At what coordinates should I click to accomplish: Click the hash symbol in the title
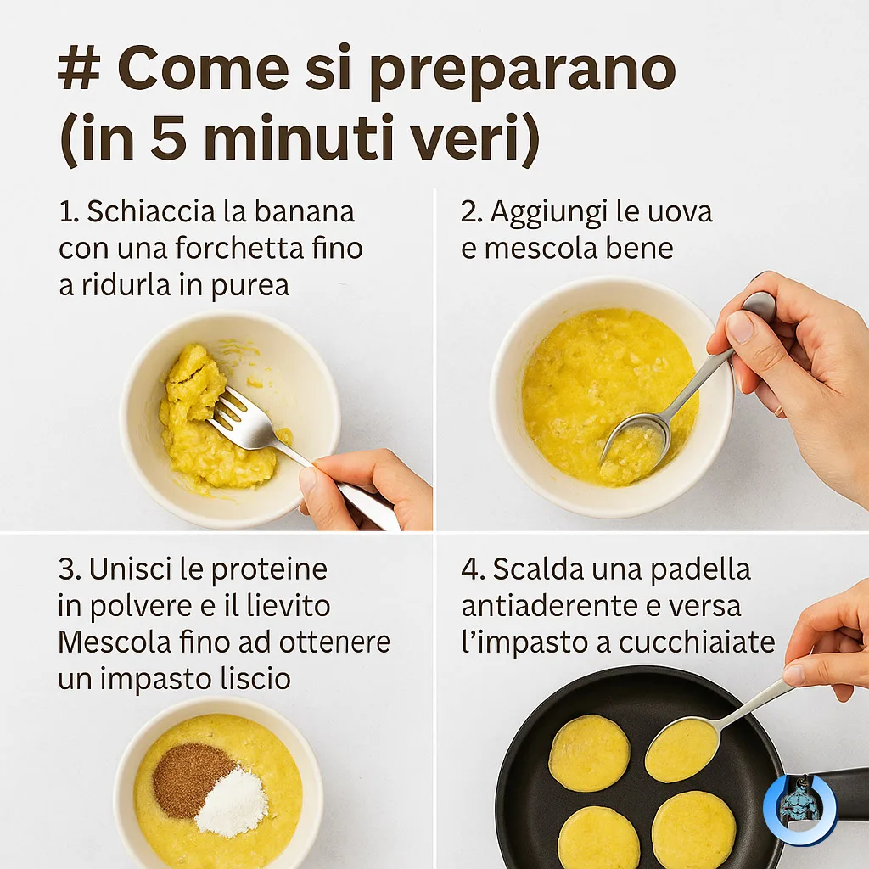coord(79,70)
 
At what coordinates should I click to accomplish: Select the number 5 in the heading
coord(168,137)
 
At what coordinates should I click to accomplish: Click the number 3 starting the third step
coord(67,569)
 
